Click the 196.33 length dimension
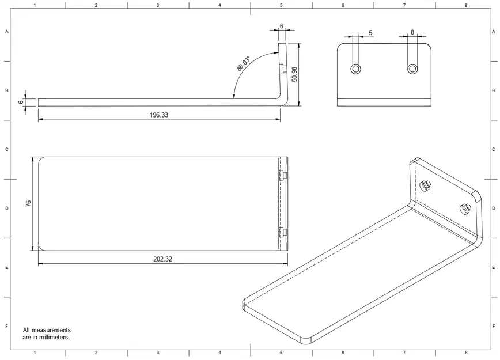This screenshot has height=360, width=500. pos(159,115)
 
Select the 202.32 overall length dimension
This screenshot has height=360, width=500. pos(162,259)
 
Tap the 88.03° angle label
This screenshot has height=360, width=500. pos(244,63)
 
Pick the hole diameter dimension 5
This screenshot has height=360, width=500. pos(370,33)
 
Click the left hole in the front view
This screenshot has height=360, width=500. pos(356,69)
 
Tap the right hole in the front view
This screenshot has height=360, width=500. pos(412,69)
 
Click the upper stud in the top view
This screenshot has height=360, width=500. pos(282,175)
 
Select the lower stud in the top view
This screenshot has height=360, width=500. pos(282,233)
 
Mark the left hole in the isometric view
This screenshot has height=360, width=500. pos(426,185)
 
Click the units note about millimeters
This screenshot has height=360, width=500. pos(47,334)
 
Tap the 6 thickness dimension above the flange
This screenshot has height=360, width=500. pos(281,26)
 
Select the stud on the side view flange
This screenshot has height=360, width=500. pos(284,69)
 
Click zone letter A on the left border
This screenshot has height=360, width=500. pos(7,32)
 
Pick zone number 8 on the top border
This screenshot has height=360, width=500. pos(465,5)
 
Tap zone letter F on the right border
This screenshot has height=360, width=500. pos(494,326)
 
